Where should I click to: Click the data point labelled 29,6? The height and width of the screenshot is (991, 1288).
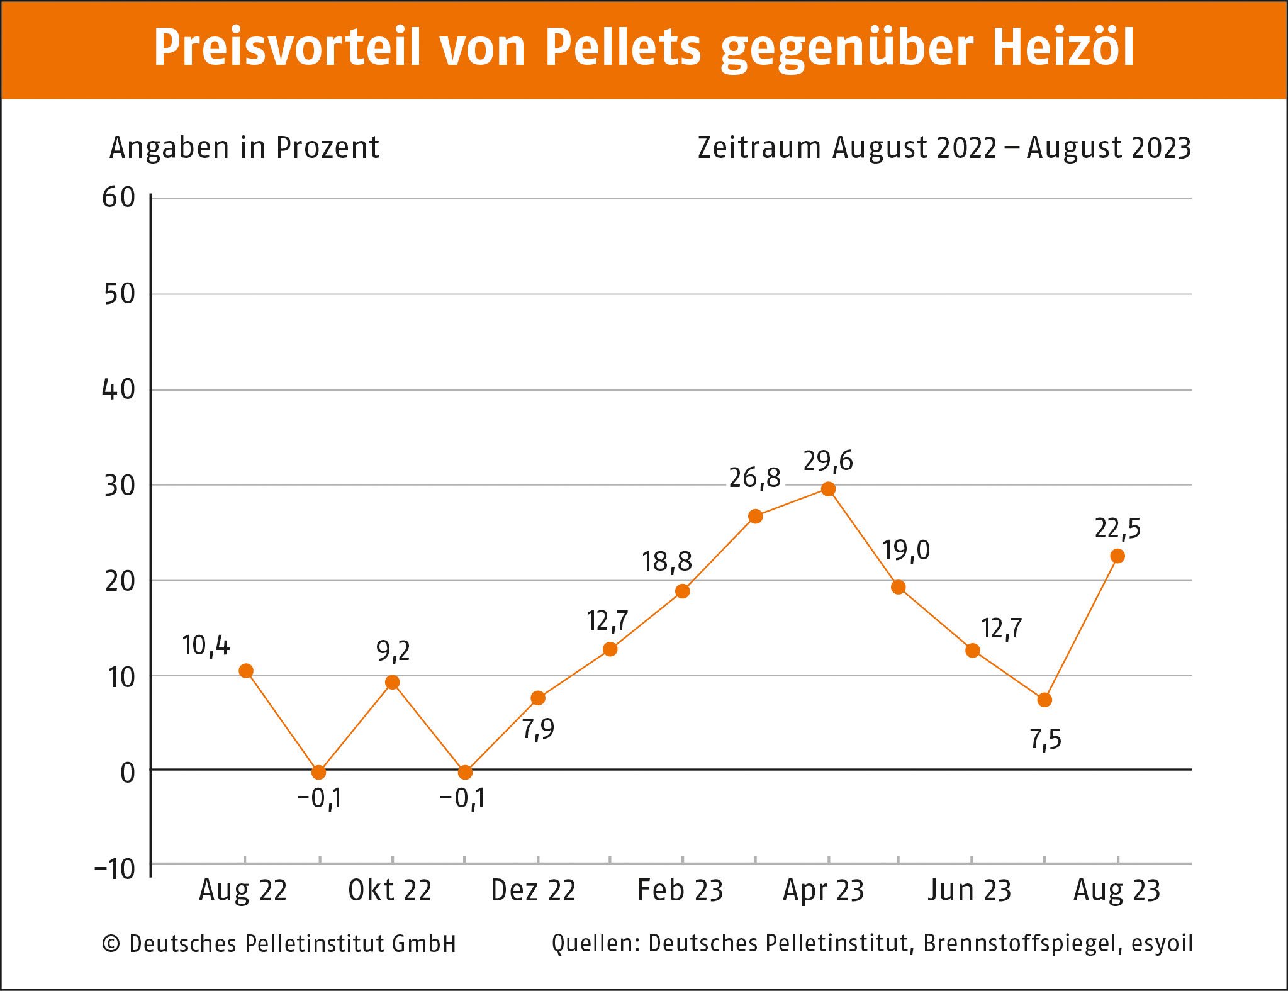pyautogui.click(x=829, y=489)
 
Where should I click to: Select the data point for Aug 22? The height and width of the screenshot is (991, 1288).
pyautogui.click(x=246, y=671)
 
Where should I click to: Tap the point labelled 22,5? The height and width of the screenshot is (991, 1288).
pyautogui.click(x=1117, y=556)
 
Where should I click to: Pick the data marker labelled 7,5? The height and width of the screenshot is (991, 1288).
pyautogui.click(x=1044, y=700)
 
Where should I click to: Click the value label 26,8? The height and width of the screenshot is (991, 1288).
pyautogui.click(x=754, y=478)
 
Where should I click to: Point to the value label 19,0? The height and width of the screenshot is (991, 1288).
pyautogui.click(x=905, y=551)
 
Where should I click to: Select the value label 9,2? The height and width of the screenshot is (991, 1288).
pyautogui.click(x=393, y=651)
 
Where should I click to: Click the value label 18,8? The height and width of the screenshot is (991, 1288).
pyautogui.click(x=666, y=561)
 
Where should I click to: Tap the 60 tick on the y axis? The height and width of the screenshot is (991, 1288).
pyautogui.click(x=119, y=198)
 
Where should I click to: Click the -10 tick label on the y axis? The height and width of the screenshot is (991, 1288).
pyautogui.click(x=115, y=869)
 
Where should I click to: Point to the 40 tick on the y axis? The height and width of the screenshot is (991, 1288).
pyautogui.click(x=119, y=389)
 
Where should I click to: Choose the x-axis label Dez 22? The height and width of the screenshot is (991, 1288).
pyautogui.click(x=533, y=890)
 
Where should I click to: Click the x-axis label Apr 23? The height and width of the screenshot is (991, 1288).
pyautogui.click(x=823, y=890)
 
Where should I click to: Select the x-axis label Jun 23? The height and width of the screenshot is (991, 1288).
pyautogui.click(x=969, y=890)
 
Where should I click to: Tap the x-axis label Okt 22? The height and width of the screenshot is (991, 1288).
pyautogui.click(x=390, y=890)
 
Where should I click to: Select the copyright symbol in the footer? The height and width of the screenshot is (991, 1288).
pyautogui.click(x=111, y=944)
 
